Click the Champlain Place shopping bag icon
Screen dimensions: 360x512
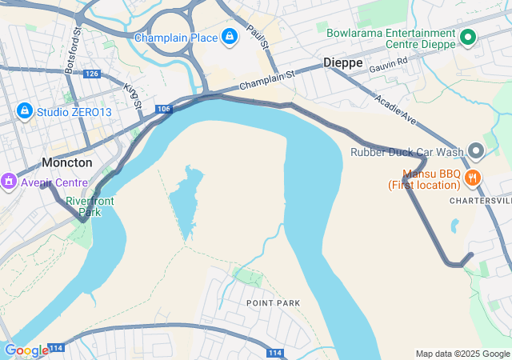coord(230,37)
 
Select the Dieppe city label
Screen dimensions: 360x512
coord(342,62)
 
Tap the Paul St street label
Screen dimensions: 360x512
coord(257,35)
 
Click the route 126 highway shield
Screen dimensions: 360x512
coord(91,74)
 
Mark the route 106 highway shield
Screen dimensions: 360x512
coord(163,108)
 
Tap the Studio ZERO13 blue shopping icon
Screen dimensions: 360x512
coord(24,110)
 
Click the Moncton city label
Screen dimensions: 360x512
coord(66,162)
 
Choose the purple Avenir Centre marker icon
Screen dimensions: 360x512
coord(9,182)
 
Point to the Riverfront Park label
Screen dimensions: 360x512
coord(90,206)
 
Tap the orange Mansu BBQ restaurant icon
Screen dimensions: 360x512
coord(474,178)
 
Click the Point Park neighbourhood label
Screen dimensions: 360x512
coord(273,303)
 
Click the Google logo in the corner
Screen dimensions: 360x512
coord(26,350)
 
